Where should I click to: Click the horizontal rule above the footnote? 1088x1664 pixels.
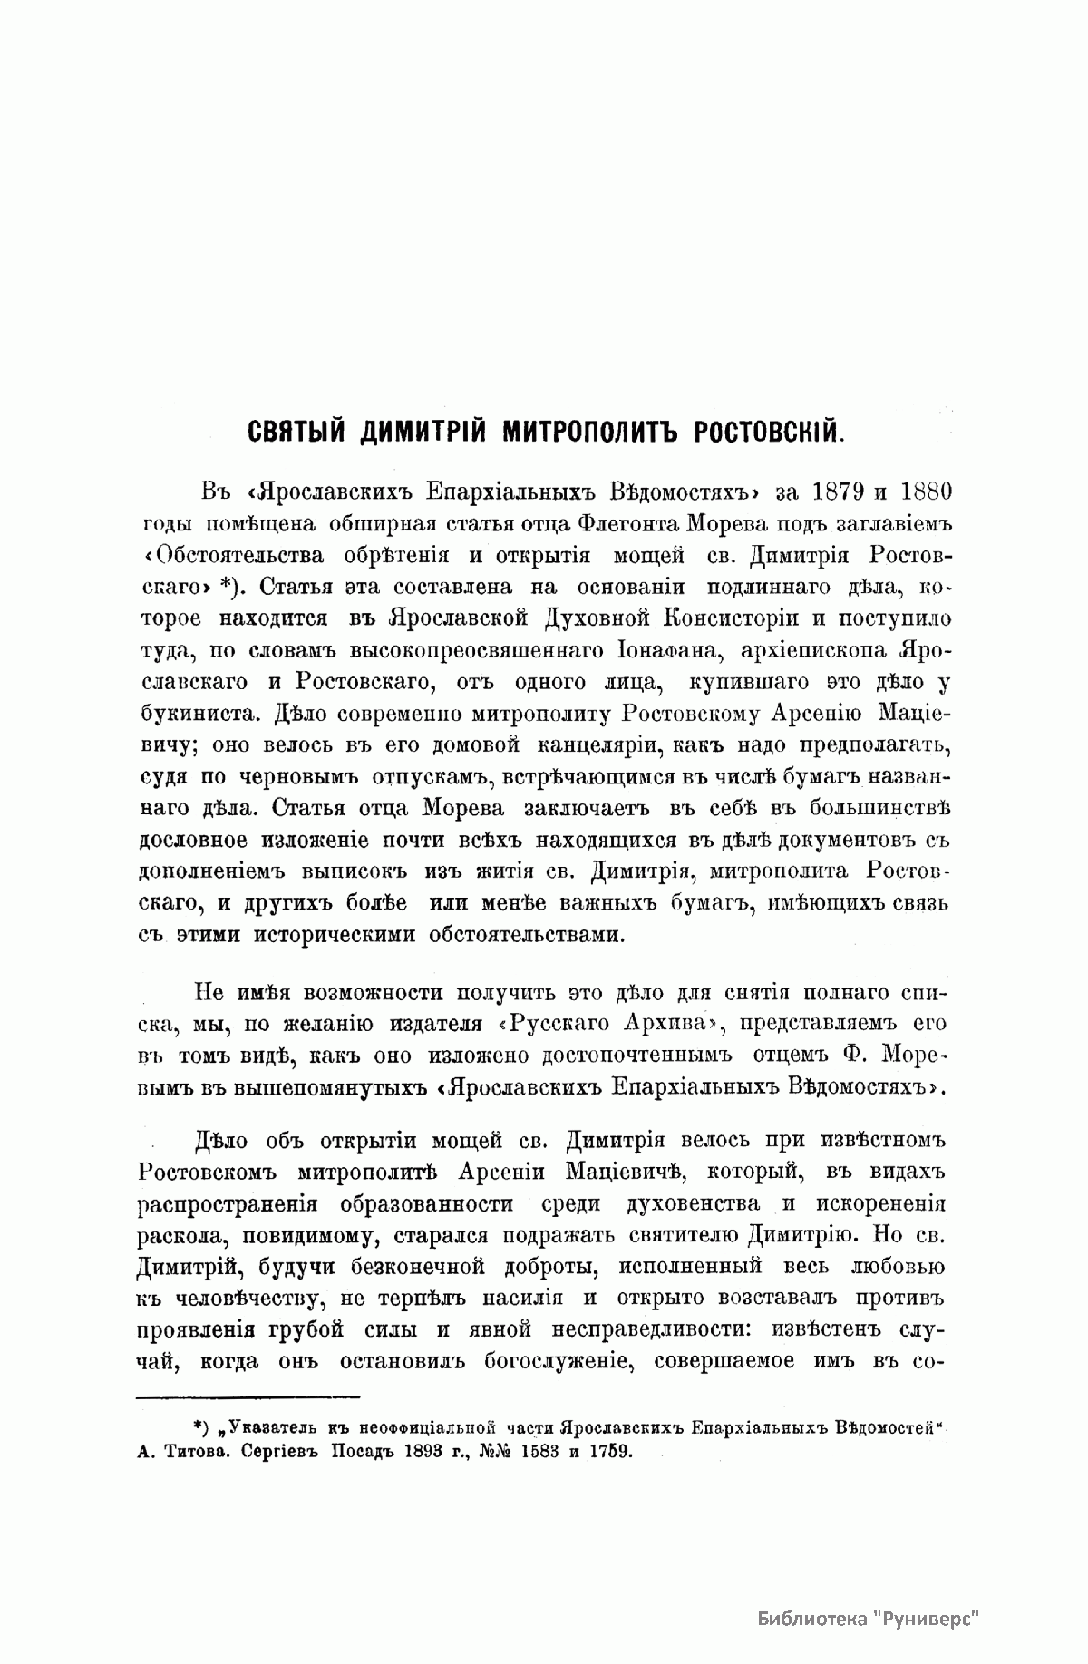[x=248, y=1396]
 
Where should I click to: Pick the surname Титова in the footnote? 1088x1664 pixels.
[x=202, y=1451]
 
